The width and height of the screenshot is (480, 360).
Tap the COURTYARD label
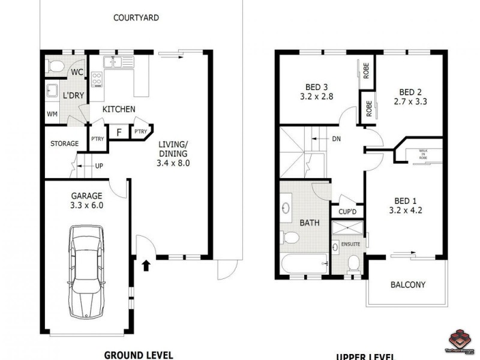pos(136,18)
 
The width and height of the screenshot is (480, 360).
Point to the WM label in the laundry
pos(52,114)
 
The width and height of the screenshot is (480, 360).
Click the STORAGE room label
pos(64,144)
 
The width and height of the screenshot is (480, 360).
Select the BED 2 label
pos(411,92)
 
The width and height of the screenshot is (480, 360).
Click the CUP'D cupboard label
pos(347,211)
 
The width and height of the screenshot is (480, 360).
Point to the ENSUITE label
pos(350,244)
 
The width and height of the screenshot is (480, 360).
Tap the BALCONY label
pos(408,285)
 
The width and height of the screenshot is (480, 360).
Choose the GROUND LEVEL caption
pos(139,354)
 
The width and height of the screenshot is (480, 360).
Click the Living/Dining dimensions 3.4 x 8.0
pos(174,163)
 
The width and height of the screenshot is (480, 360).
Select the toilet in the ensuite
pos(353,262)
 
